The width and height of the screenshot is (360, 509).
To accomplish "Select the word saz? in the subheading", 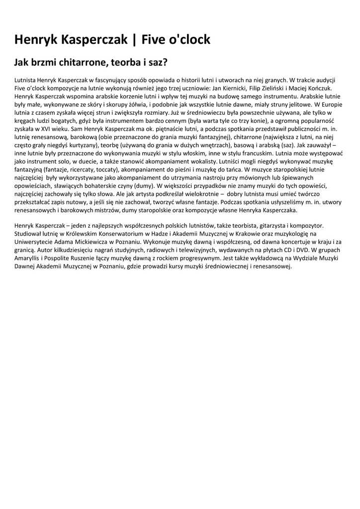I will [157, 63].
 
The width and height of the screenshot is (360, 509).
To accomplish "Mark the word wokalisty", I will [198, 161].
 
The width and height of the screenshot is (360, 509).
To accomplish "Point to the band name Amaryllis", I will [28, 258].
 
